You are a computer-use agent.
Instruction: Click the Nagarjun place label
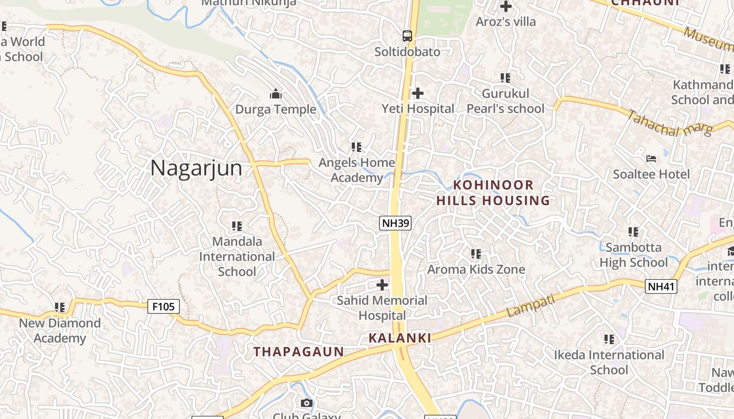click(x=196, y=168)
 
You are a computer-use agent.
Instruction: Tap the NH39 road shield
click(x=395, y=223)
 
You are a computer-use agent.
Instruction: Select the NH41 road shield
click(x=661, y=286)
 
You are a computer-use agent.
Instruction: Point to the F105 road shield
click(x=164, y=306)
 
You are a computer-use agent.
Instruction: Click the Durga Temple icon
click(x=276, y=94)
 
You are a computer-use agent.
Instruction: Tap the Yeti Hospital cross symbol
click(x=418, y=93)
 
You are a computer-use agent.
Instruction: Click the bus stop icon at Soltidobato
click(x=407, y=36)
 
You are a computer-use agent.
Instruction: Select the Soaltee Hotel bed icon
click(x=651, y=158)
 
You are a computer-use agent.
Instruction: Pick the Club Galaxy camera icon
click(x=307, y=403)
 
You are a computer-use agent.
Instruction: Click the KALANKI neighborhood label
click(x=400, y=338)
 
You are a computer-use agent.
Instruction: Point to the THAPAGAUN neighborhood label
click(x=299, y=352)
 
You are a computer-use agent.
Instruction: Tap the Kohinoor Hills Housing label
click(x=493, y=193)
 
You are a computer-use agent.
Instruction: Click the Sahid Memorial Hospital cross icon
click(x=383, y=285)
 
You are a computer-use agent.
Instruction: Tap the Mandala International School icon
click(x=237, y=226)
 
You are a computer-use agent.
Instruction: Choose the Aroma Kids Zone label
click(x=476, y=270)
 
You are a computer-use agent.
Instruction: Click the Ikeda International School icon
click(x=609, y=339)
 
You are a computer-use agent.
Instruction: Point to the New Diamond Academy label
click(x=60, y=330)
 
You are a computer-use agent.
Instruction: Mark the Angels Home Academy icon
click(x=357, y=147)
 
